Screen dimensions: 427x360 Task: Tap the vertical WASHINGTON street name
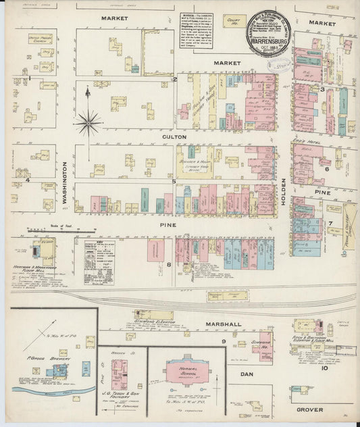[66, 183]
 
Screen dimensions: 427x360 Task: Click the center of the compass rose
[88, 123]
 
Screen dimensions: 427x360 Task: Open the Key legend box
[99, 255]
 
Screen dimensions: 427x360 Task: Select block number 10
[324, 368]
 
